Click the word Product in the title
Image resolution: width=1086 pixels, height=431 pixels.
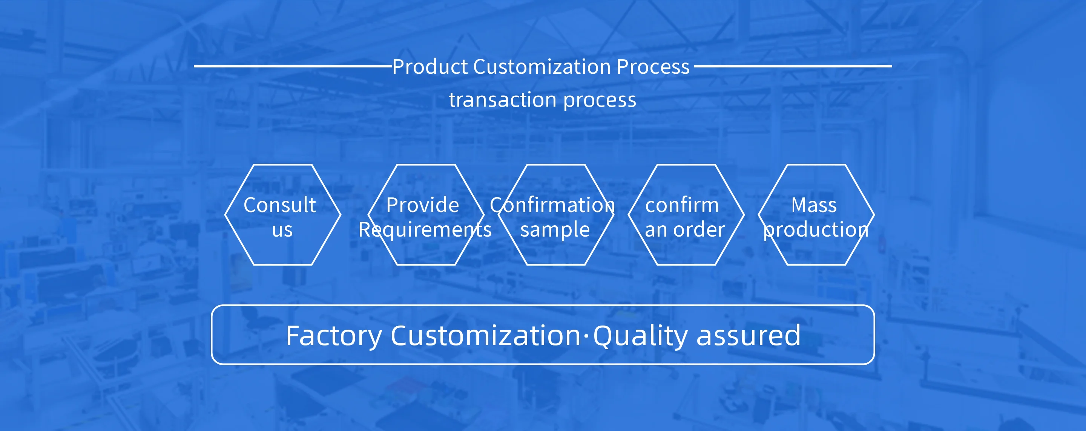point(430,67)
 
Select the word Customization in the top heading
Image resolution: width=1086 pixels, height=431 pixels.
point(542,67)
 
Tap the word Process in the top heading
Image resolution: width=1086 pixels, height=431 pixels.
point(653,67)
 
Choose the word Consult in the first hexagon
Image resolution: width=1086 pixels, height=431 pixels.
point(279,205)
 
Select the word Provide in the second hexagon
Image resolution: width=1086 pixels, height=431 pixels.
point(422,205)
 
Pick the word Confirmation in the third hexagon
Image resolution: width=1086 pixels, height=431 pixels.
point(552,205)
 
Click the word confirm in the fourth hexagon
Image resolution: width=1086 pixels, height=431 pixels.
point(682,205)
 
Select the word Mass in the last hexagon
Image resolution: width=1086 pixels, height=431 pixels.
point(814,205)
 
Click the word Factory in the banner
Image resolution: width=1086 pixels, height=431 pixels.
point(333,336)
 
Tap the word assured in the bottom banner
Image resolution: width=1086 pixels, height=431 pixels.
point(748,336)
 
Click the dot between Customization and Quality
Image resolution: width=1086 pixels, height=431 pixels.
point(586,336)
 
